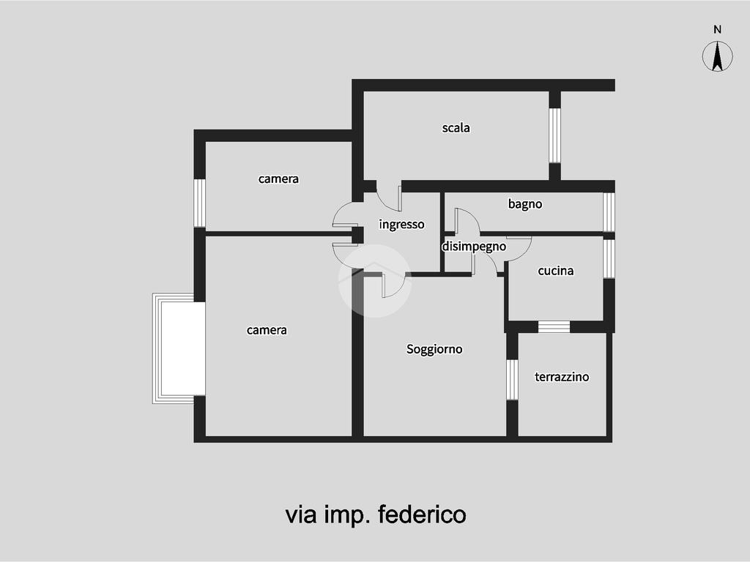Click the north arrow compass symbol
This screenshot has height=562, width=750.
pos(717,56)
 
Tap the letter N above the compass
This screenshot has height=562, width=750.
pos(717,29)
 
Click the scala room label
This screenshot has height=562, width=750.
pos(456,128)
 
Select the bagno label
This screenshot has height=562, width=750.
pos(524,205)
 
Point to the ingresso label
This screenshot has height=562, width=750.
pos(401,225)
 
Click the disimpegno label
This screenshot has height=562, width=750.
pos(474,247)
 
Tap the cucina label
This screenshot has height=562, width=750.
pos(555,271)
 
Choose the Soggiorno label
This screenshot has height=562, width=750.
pos(434,349)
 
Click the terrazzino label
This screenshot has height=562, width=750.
pos(562,377)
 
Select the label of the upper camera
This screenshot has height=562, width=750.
pos(278,179)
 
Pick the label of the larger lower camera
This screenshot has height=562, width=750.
pos(267,330)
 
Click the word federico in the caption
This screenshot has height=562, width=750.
pos(422,514)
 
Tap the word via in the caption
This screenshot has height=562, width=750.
pos(301,515)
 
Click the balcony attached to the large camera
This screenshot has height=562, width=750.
pos(179,348)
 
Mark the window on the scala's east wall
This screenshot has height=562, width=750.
pos(554,135)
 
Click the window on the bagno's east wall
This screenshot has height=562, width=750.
pos(609,212)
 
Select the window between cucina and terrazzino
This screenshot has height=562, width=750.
pos(554,327)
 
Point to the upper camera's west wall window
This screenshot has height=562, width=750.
pos(199,203)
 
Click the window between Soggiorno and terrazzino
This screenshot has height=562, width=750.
pos(512,380)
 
